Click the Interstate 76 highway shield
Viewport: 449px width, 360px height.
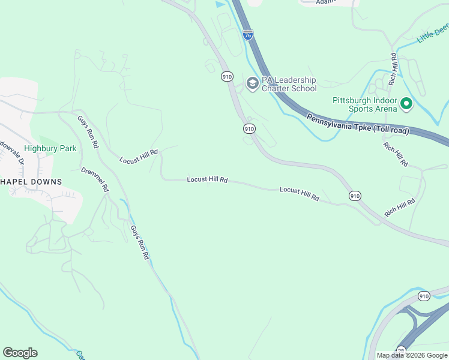[x=248, y=35]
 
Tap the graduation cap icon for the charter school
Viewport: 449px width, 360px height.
[x=252, y=83]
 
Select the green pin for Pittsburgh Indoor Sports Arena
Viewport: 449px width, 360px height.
[x=406, y=104]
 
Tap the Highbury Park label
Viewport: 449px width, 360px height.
[x=50, y=148]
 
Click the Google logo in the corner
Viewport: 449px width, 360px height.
[x=20, y=353]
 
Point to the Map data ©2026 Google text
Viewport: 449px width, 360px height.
[x=412, y=355]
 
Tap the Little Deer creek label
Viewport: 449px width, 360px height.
[x=433, y=34]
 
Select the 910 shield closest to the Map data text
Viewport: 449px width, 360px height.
[x=424, y=296]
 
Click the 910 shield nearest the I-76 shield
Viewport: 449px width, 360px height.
[x=226, y=76]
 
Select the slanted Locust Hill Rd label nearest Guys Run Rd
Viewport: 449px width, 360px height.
[x=139, y=157]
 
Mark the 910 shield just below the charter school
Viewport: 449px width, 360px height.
[x=249, y=129]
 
